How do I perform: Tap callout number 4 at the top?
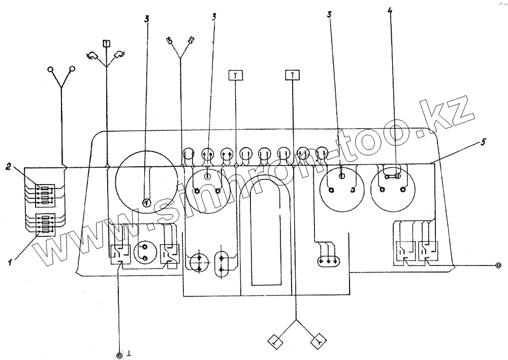(390, 12)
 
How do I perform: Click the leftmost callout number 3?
(147, 19)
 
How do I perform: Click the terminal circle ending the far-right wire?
(498, 265)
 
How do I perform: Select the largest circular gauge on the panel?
(146, 182)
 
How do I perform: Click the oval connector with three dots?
(329, 261)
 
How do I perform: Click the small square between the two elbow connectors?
(107, 43)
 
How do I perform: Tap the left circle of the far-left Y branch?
(51, 69)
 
